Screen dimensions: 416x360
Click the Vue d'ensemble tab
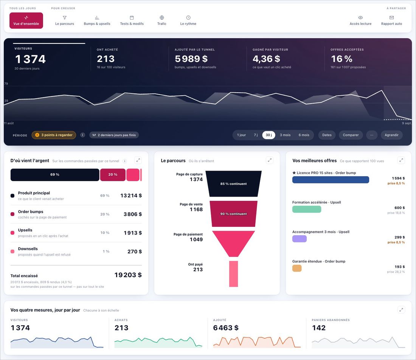(x=26, y=20)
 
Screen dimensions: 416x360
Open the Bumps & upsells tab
(x=97, y=20)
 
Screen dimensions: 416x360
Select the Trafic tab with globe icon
(x=162, y=20)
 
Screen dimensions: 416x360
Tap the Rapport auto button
(x=391, y=20)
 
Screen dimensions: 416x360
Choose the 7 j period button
(x=256, y=135)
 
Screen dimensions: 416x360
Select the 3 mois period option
(x=285, y=135)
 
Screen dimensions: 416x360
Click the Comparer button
(x=351, y=135)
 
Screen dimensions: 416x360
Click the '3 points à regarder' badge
(x=54, y=135)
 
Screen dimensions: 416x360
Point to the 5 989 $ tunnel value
(x=191, y=59)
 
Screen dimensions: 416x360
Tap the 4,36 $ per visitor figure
(x=266, y=59)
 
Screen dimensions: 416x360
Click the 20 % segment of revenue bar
(x=113, y=175)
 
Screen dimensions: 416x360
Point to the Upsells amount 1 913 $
(x=133, y=233)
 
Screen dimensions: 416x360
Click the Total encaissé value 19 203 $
(x=128, y=275)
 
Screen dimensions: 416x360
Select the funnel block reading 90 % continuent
(x=233, y=214)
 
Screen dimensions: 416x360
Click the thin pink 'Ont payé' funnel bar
(x=233, y=274)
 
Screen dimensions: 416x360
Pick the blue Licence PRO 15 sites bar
(x=331, y=180)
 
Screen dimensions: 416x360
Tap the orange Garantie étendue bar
(x=297, y=268)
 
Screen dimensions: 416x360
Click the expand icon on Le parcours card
(x=270, y=160)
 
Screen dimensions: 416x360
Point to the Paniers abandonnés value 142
(x=319, y=328)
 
